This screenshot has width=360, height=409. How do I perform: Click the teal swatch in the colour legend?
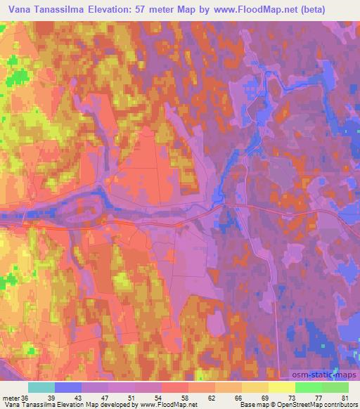[x=41, y=387]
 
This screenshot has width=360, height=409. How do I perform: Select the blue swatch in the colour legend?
[x=68, y=387]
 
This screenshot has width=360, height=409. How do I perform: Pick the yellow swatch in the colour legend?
[x=281, y=387]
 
